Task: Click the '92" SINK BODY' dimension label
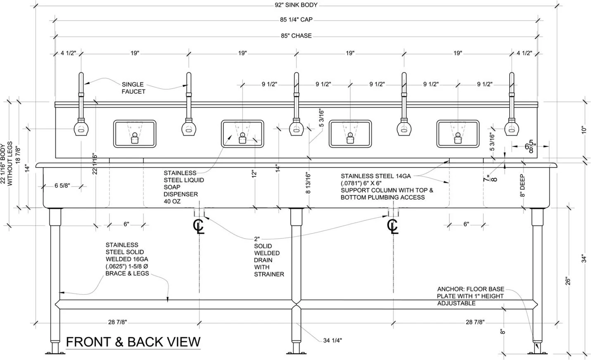[296, 5]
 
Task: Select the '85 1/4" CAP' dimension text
[296, 20]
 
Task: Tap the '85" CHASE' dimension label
[296, 36]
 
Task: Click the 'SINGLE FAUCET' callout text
[133, 88]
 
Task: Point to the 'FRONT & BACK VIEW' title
[133, 342]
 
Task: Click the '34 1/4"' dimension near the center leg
[332, 341]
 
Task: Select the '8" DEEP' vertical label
[522, 186]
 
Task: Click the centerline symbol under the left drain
[199, 226]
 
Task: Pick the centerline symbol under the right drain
[393, 226]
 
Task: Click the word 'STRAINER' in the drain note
[269, 274]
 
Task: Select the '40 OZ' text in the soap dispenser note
[172, 201]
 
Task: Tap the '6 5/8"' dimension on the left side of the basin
[62, 186]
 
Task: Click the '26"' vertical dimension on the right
[568, 281]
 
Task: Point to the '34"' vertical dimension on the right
[584, 258]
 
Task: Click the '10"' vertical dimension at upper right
[584, 130]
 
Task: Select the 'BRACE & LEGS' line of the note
[127, 273]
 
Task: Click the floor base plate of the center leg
[296, 353]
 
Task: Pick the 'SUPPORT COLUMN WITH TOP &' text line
[387, 190]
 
